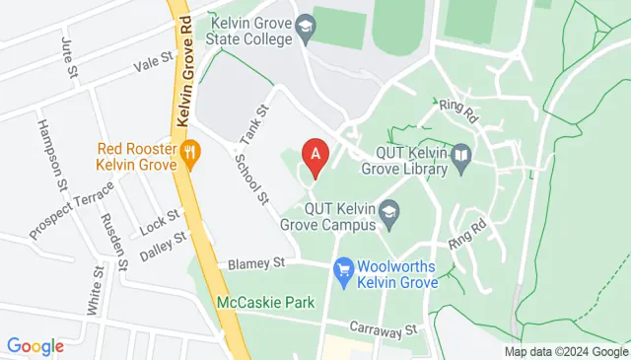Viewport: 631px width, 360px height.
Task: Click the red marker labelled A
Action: (315, 155)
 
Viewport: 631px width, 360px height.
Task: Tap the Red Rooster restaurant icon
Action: (191, 152)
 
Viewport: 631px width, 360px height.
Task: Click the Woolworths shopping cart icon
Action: (344, 268)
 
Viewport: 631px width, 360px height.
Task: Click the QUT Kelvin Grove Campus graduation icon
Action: (390, 210)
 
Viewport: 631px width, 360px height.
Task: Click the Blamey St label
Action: (255, 263)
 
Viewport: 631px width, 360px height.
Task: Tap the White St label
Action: (95, 288)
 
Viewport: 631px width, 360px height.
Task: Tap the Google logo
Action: (35, 345)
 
